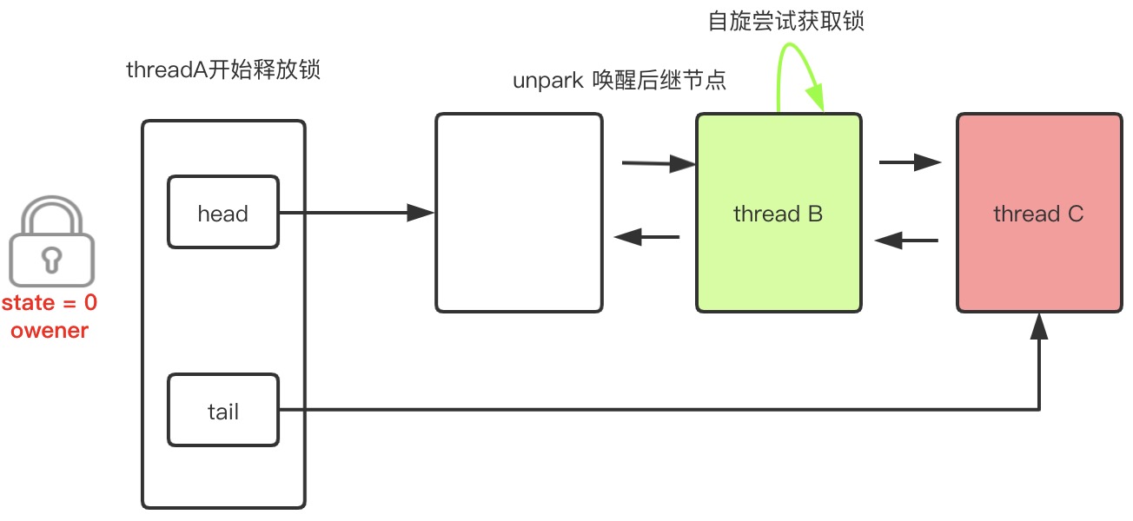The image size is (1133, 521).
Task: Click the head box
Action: coord(223,213)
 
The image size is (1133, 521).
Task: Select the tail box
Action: coord(223,411)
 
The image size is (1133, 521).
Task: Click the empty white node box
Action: coord(519,213)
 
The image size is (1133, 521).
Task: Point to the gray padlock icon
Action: coord(50,243)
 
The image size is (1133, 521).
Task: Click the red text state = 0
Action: coord(50,304)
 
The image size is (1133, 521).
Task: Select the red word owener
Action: coord(50,331)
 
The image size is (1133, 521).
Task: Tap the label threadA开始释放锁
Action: coord(223,70)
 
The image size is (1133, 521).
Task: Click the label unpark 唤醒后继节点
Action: coord(620,82)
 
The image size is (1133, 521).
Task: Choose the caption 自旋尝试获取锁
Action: coord(786,21)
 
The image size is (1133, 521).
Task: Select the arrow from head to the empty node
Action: coord(356,213)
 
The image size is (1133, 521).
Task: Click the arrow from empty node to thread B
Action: coord(659,162)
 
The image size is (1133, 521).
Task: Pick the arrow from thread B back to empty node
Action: coord(646,236)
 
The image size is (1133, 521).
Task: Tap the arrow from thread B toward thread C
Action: coord(910,162)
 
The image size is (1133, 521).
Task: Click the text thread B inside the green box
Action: coord(778,214)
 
